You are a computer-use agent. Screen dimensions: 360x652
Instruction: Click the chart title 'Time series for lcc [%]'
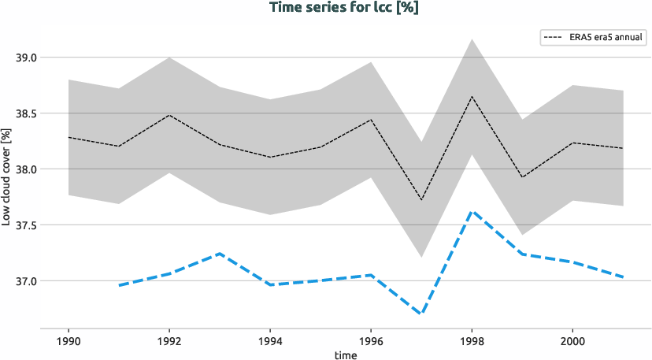(x=326, y=9)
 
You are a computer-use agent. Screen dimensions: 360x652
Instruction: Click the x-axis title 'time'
(x=345, y=354)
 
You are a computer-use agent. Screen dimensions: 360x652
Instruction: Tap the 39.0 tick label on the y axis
(x=26, y=58)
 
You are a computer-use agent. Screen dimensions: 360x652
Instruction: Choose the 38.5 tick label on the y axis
(x=26, y=113)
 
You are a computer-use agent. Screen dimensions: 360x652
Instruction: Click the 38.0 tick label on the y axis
(x=26, y=169)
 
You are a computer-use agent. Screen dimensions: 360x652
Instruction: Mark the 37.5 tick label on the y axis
(x=26, y=225)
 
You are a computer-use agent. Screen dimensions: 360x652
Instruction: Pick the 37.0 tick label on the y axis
(x=26, y=281)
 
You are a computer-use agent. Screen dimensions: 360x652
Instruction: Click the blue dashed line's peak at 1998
(x=472, y=211)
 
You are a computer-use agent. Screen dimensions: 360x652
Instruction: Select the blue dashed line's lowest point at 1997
(x=421, y=314)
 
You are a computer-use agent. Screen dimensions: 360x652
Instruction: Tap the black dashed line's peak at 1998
(x=472, y=97)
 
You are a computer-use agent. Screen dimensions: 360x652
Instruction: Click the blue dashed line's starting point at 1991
(x=120, y=285)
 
